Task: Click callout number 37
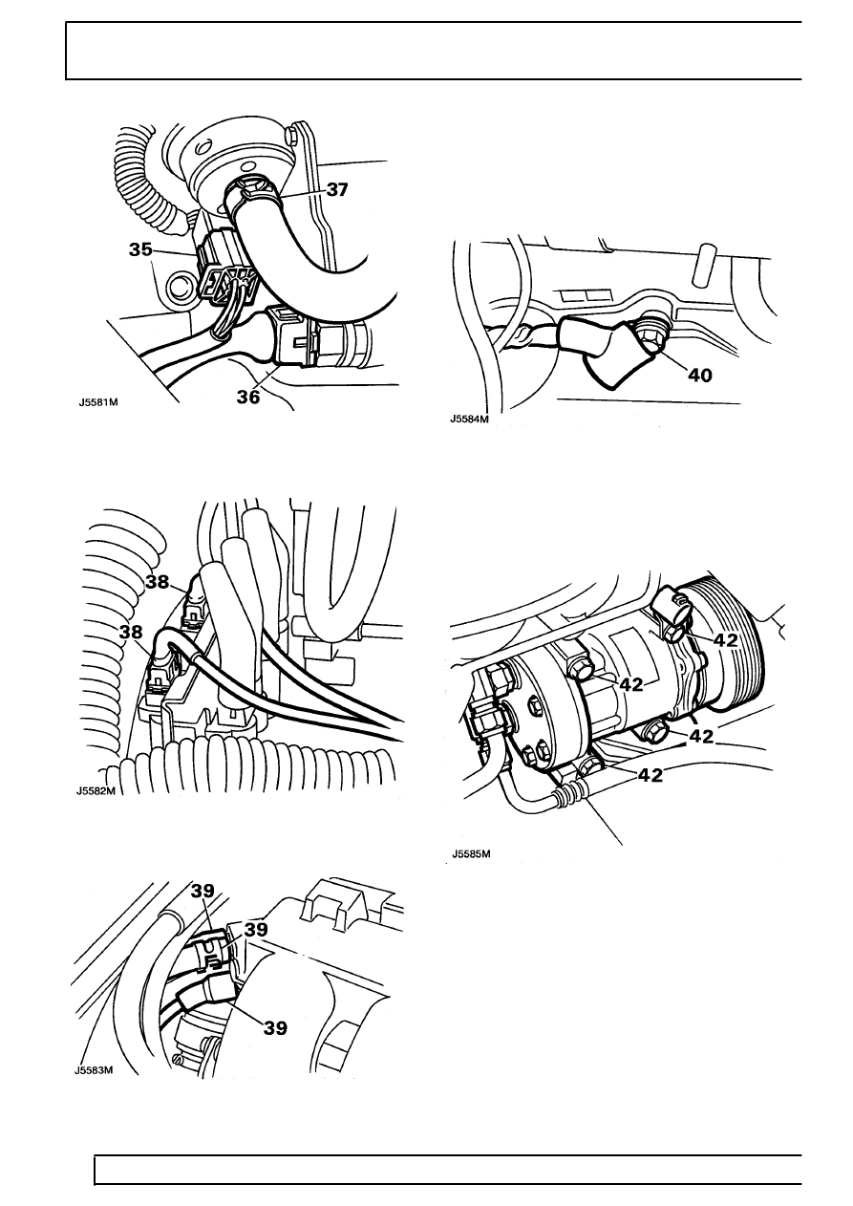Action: coord(337,190)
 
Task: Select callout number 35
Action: coord(140,250)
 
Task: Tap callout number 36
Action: coord(248,397)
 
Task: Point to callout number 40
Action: coord(700,375)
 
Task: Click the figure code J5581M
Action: coord(96,401)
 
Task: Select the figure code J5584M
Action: coord(469,420)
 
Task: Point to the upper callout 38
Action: coord(158,582)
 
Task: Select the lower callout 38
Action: coord(131,632)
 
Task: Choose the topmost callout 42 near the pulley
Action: coord(725,639)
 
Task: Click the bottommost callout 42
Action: coord(650,775)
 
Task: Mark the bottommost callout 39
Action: coord(275,1028)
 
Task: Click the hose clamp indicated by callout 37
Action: coord(253,195)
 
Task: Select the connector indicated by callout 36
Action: coord(295,335)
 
